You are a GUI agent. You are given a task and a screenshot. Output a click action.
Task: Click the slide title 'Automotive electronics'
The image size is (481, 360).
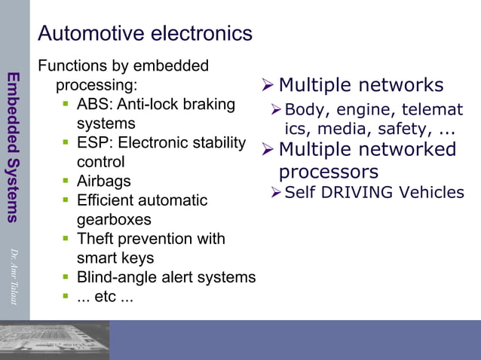pyautogui.click(x=145, y=34)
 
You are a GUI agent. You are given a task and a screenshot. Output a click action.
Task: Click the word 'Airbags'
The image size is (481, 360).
pyautogui.click(x=104, y=182)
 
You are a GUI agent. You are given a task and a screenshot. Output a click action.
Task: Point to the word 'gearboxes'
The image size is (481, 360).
pyautogui.click(x=114, y=220)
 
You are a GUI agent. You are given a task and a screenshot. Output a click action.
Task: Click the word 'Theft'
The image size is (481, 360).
pyautogui.click(x=97, y=239)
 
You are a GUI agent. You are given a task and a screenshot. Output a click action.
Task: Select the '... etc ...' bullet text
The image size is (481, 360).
pyautogui.click(x=106, y=297)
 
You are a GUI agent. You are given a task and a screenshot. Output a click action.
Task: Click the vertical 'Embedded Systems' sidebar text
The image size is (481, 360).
pyautogui.click(x=13, y=147)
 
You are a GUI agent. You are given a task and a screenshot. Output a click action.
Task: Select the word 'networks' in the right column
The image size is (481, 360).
pyautogui.click(x=400, y=85)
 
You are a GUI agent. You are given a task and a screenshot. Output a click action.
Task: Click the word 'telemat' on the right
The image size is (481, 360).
pyautogui.click(x=435, y=111)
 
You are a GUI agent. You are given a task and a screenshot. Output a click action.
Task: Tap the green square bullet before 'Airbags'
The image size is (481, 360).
pyautogui.click(x=66, y=182)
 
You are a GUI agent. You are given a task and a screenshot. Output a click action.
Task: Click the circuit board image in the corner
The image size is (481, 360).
pyautogui.click(x=54, y=340)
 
